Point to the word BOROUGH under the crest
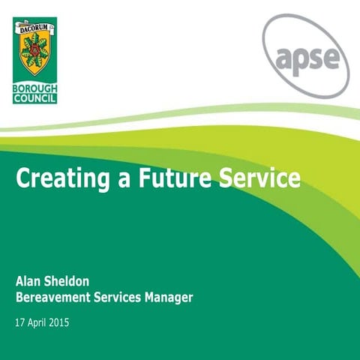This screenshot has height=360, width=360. point(34,88)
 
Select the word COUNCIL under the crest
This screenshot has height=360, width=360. point(34,98)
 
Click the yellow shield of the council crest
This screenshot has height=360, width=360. point(34,56)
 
